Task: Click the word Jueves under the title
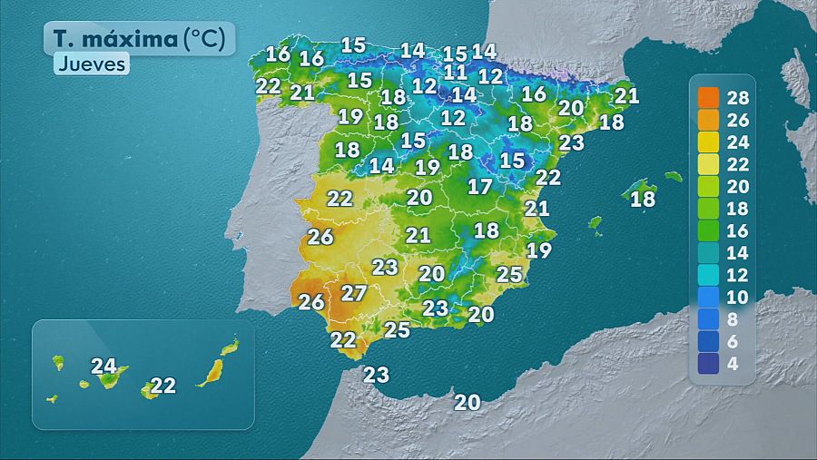[x=91, y=64]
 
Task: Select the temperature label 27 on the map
[x=353, y=293]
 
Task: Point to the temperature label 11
[x=456, y=72]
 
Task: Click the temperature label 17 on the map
[x=480, y=187]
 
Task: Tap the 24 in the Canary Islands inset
[x=104, y=367]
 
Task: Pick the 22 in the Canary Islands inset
[x=162, y=386]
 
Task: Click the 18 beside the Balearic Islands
[x=643, y=199]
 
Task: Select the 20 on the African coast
[x=468, y=402]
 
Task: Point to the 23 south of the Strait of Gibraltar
[x=376, y=374]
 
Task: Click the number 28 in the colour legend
[x=738, y=97]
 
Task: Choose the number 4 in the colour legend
[x=732, y=363]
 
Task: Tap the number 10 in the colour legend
[x=738, y=297]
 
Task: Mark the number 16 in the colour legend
[x=738, y=230]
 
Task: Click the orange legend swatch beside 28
[x=709, y=97]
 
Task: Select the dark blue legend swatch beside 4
[x=709, y=363]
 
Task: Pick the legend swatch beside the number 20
[x=709, y=185]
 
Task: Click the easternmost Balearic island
[x=673, y=176]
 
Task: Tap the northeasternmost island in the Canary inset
[x=231, y=347]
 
